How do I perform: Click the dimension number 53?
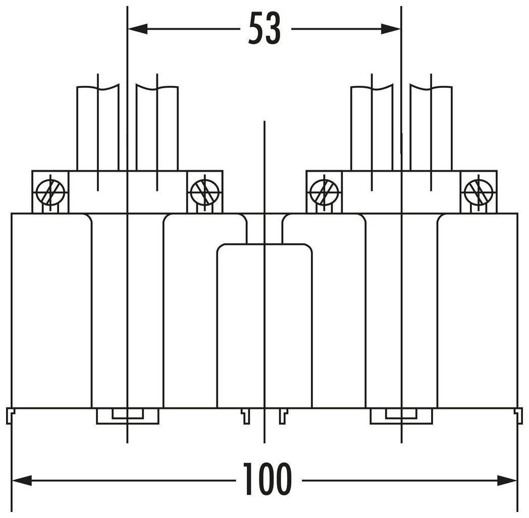pyautogui.click(x=264, y=28)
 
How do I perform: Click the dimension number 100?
pyautogui.click(x=268, y=480)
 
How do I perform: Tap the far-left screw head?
pyautogui.click(x=50, y=192)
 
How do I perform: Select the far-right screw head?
pyautogui.click(x=479, y=192)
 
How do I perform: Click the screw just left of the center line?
pyautogui.click(x=205, y=192)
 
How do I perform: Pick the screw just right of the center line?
pyautogui.click(x=324, y=192)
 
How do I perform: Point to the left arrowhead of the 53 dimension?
pyautogui.click(x=138, y=29)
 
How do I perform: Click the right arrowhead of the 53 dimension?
pyautogui.click(x=391, y=29)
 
